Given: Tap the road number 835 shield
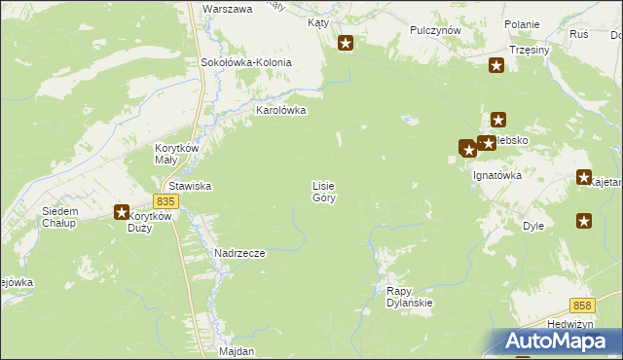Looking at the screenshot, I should coord(165,201).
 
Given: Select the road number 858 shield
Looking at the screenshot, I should coord(582,305).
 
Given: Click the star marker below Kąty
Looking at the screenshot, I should coord(346,43).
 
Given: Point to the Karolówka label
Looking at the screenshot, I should coord(280,111).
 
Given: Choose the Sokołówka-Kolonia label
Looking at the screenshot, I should coord(246,62).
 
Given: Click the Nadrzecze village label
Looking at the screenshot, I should coord(239,253).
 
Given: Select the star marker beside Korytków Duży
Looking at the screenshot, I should coord(122,212).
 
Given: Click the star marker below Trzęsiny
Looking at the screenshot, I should coord(496,66).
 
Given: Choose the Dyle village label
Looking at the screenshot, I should coord(533,225).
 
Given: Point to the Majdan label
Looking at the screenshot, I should coord(237,350).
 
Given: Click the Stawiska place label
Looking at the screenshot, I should coord(191,186).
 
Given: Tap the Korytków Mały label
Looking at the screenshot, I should coord(178,154).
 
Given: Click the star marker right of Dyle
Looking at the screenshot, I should coord(583,221).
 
